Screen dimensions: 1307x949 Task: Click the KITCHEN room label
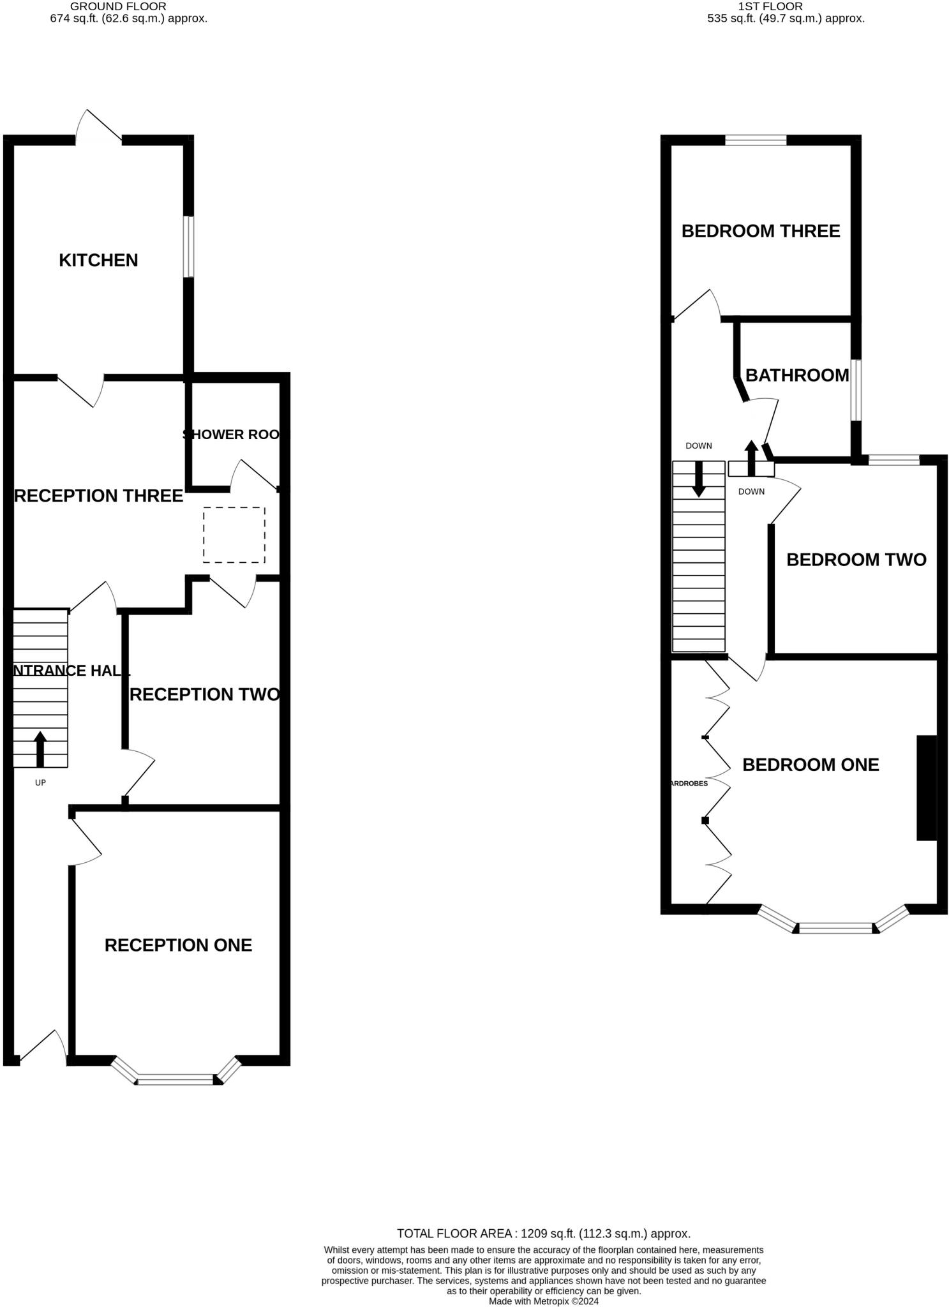98,260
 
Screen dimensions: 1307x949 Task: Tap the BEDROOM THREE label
760,231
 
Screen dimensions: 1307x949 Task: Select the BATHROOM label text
796,375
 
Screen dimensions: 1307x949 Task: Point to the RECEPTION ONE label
178,945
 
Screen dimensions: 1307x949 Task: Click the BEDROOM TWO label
856,560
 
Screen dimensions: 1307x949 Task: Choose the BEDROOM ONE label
811,765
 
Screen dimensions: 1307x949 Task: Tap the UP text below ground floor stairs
40,782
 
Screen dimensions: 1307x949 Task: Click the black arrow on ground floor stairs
40,749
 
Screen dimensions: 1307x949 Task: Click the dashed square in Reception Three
234,535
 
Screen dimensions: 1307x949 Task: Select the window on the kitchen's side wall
189,247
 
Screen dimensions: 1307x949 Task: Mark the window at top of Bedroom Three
756,140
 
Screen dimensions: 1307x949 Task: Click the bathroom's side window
856,391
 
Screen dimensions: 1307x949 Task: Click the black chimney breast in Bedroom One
927,788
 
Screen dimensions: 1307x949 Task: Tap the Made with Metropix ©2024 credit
543,1301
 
